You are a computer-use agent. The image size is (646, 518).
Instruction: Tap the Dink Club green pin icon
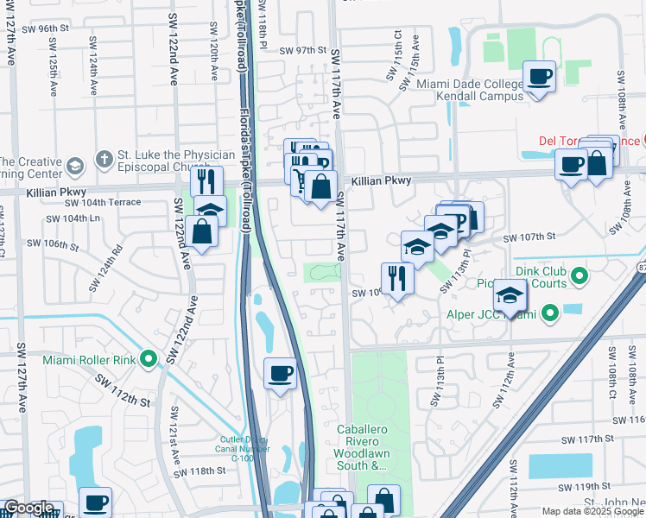[579, 276]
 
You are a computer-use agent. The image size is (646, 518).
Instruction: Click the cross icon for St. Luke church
[104, 160]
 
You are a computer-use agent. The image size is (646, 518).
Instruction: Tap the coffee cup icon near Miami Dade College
[540, 77]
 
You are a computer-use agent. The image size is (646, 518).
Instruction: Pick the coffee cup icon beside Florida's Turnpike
[280, 374]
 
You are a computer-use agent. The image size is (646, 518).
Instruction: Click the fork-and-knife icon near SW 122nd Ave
[206, 180]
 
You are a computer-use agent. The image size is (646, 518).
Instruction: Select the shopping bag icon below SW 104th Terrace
[201, 231]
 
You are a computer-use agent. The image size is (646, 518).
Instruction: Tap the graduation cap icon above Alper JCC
[510, 296]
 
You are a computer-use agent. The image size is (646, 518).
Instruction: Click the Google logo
[29, 508]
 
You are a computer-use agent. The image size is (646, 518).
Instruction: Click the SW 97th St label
[299, 51]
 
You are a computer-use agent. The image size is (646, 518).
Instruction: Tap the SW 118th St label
[199, 471]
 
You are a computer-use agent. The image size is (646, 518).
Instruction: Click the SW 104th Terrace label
[96, 202]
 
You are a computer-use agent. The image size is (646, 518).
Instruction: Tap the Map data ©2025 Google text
[592, 511]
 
